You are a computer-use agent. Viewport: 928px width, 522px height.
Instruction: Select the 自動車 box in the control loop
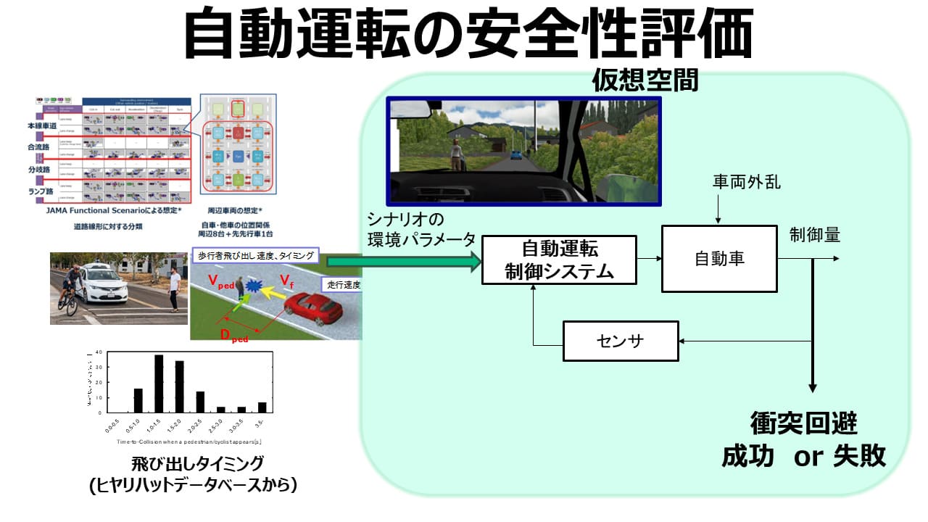[x=719, y=259]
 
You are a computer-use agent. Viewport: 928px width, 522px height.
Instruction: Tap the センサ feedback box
[x=621, y=341]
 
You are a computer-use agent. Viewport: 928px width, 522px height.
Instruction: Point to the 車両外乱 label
[x=746, y=182]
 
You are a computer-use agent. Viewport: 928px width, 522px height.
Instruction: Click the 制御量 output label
[x=815, y=235]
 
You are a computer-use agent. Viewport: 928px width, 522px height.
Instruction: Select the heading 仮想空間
[x=645, y=80]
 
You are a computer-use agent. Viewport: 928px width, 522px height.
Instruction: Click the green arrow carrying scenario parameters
[x=403, y=262]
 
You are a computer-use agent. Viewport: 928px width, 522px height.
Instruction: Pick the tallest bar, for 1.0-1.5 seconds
[x=159, y=383]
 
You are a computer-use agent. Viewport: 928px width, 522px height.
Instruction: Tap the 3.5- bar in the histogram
[x=262, y=407]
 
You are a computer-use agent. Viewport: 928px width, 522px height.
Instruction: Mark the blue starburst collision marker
[x=254, y=287]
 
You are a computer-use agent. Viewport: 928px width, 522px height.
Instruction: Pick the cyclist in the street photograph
[x=70, y=290]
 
